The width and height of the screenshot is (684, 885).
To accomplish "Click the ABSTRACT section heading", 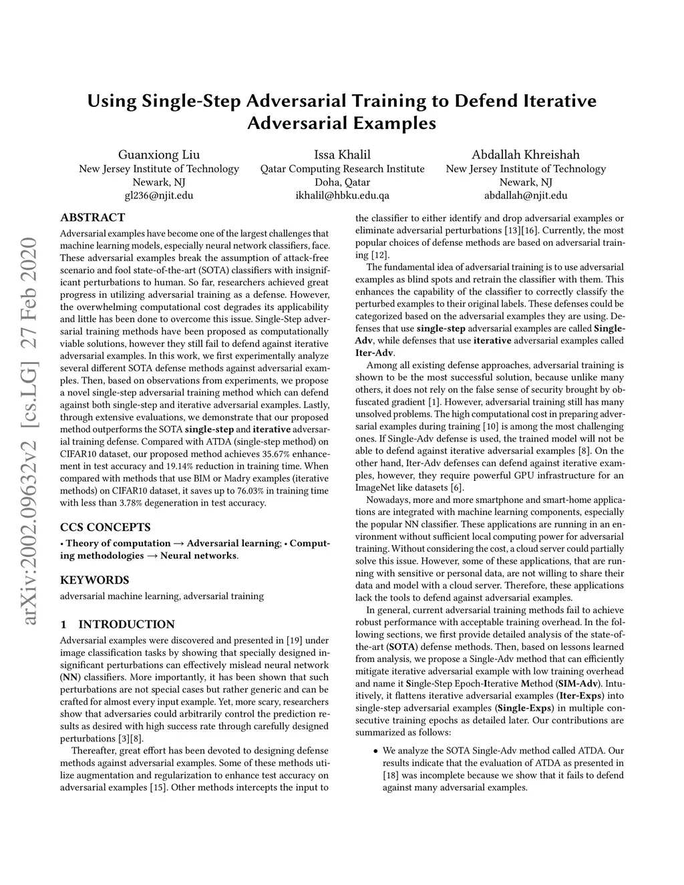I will coord(92,217).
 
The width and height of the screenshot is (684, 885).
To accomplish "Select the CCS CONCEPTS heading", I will coord(105,527).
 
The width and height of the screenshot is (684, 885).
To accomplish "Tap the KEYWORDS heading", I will coord(94,580).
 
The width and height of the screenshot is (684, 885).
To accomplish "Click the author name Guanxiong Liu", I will coord(159,154).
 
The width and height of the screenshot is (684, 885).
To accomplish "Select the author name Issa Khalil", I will coord(342,154).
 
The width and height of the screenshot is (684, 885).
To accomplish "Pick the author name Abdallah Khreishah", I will coord(526,154).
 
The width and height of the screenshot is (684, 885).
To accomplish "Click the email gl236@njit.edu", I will coord(159,196).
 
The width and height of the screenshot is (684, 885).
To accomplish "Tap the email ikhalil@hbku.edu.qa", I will coord(342,196).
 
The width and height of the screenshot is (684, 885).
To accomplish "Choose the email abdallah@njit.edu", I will coord(526,196).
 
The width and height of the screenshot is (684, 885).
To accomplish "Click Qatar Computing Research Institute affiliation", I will coord(342,169).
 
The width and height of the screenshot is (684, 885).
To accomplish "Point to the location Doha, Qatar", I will coord(342,182).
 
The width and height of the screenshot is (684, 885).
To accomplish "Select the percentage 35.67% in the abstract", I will coord(288,454).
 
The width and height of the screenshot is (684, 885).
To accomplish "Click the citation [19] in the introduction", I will coord(293,640).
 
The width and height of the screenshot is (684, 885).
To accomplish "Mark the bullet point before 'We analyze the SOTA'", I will coord(375,751).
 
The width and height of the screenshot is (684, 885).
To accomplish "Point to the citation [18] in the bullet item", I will coord(391,775).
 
